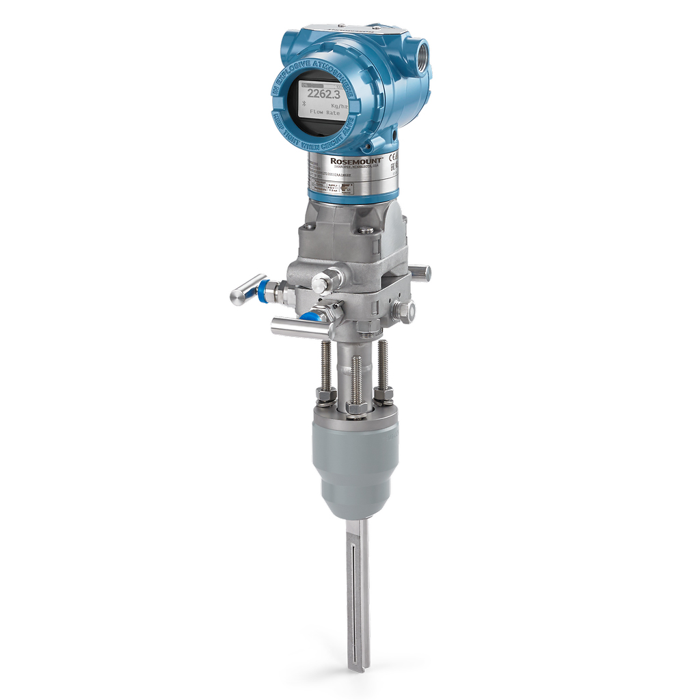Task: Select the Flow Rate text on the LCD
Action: click(x=326, y=112)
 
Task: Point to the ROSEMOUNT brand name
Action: click(x=356, y=161)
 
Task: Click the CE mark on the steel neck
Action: click(x=393, y=157)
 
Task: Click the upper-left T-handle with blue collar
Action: click(x=250, y=289)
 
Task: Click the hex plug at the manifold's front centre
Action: click(x=325, y=282)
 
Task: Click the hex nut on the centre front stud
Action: click(x=356, y=408)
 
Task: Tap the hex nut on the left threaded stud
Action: click(x=325, y=396)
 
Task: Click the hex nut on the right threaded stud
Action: click(x=383, y=394)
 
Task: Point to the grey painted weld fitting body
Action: click(x=355, y=465)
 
